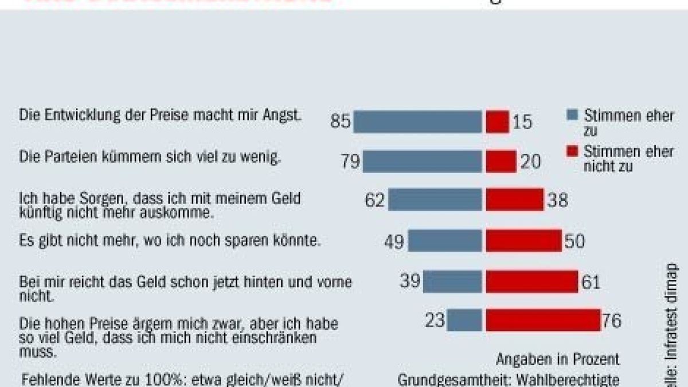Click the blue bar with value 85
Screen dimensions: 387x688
[x=417, y=122]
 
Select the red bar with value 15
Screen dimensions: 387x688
[x=497, y=122]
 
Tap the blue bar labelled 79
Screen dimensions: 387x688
[x=422, y=162]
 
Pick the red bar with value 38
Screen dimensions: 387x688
[x=514, y=200]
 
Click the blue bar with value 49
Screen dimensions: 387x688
[x=445, y=241]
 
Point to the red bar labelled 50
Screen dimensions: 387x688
[x=523, y=241]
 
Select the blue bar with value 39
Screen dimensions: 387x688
[x=452, y=282]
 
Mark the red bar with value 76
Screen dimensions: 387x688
[x=542, y=320]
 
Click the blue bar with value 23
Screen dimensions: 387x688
[x=464, y=320]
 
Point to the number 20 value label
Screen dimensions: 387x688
[x=530, y=162]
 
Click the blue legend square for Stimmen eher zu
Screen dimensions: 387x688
[x=571, y=115]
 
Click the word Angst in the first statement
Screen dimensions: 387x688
[x=284, y=115]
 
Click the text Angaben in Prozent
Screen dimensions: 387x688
[x=557, y=359]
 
